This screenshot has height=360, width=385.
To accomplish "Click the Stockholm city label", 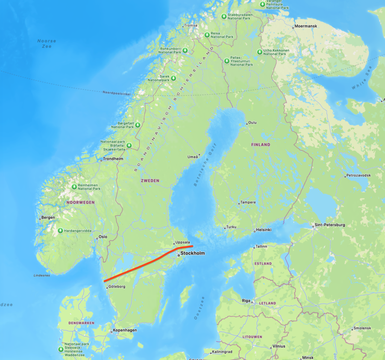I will [192, 253].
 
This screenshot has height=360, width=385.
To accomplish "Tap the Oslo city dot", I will [97, 237].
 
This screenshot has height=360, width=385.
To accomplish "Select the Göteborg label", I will [117, 287].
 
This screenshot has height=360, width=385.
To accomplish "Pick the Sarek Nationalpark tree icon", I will [173, 78].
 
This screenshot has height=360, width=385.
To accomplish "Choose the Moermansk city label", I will [306, 26].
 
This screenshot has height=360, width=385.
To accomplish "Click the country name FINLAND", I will [261, 145].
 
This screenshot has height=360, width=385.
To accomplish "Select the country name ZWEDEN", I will [150, 181].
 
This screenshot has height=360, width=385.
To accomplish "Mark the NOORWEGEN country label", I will [80, 202].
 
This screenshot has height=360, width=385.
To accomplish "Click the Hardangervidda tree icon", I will [61, 230].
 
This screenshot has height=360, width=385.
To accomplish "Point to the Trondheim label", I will [114, 159].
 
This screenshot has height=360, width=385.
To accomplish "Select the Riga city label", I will [247, 301].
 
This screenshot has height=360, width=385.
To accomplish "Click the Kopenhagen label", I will [125, 330].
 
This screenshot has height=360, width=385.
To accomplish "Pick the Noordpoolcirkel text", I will [117, 92].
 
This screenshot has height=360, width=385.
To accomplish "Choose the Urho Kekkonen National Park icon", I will [259, 52].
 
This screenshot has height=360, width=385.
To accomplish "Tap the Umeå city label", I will [192, 157].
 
